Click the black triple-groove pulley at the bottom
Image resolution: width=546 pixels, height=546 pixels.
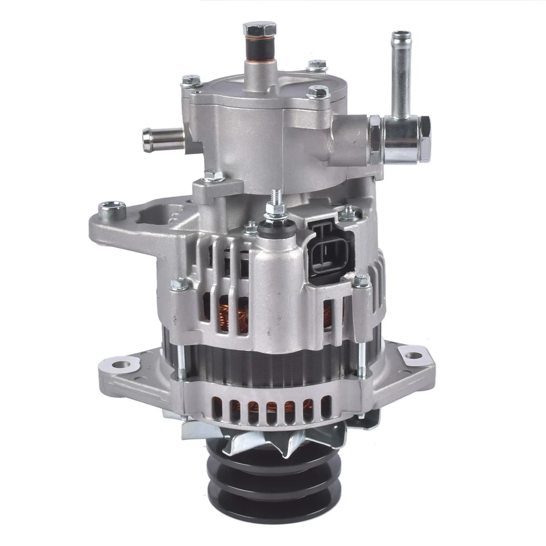coord(267,483)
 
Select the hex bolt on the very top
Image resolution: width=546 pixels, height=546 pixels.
coord(253,30)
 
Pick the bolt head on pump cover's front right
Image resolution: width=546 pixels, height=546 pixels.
coord(317,92)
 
